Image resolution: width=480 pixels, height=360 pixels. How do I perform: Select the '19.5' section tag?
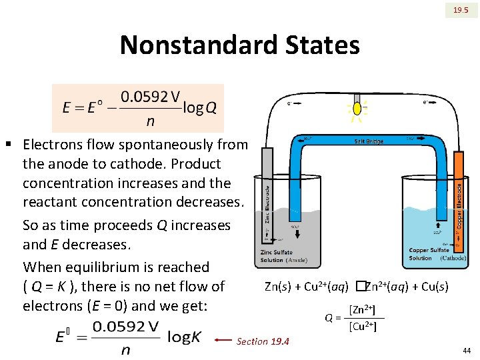[461, 10]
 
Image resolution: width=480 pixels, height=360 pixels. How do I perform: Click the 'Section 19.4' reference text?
[263, 341]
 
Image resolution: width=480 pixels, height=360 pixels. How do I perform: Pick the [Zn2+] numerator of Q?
[362, 310]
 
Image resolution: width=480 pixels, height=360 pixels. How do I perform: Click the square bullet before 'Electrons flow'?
[9, 144]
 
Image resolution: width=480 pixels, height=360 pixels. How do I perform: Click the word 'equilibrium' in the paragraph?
[117, 267]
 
